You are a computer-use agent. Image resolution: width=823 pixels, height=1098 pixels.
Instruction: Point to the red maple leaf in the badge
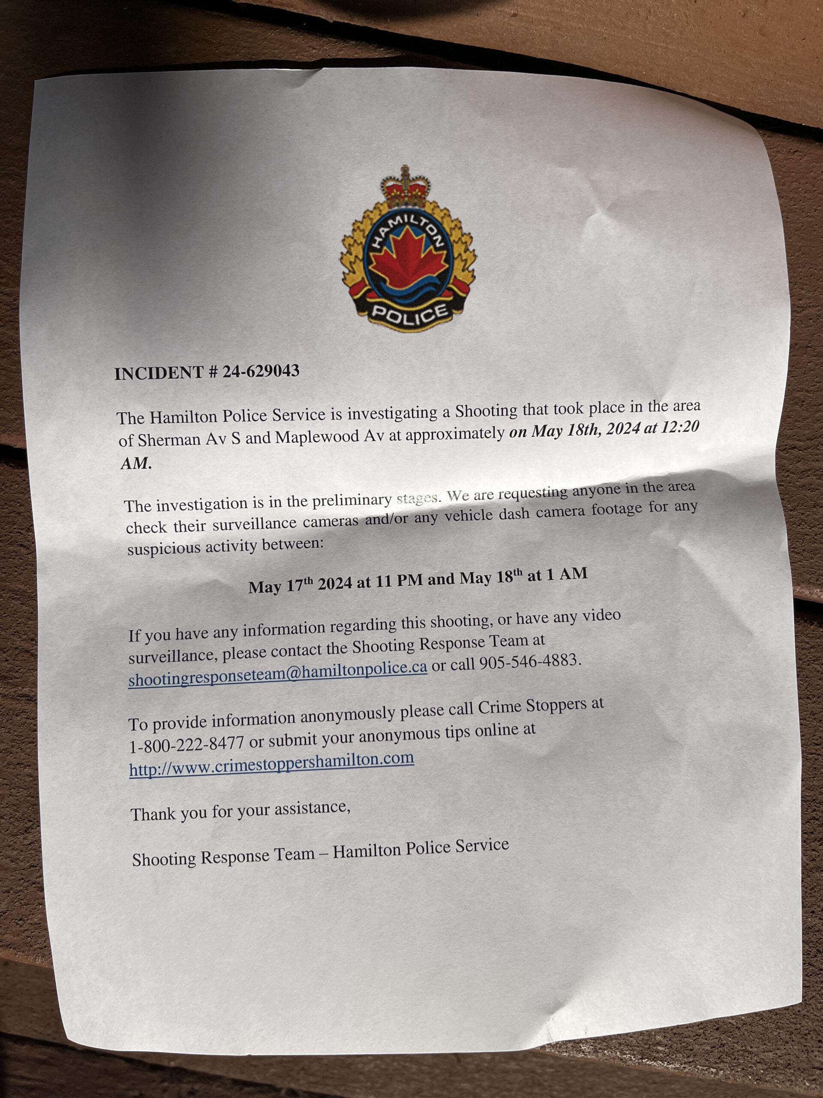click(x=407, y=253)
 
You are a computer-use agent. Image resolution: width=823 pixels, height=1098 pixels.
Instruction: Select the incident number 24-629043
click(x=261, y=371)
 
